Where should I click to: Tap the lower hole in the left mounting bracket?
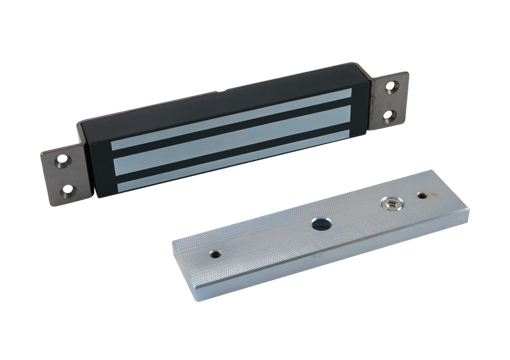click(x=69, y=186)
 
